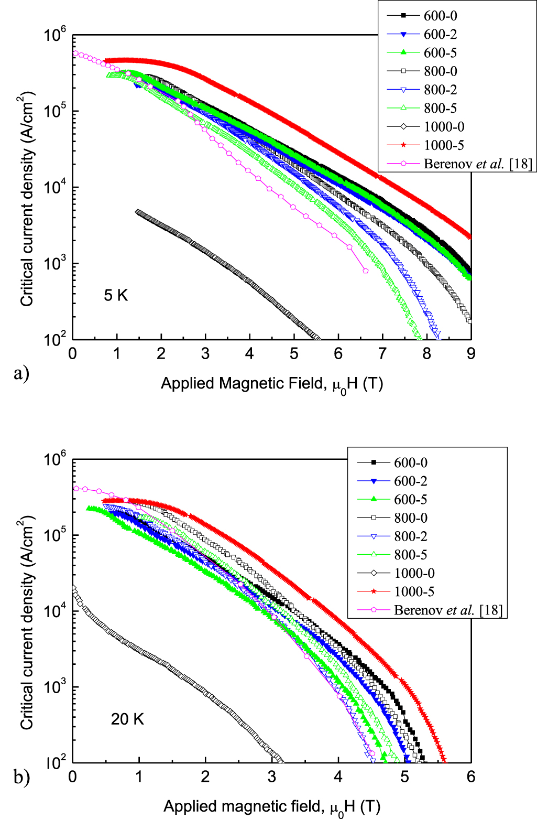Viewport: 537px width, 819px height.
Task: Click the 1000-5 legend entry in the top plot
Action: coord(444,145)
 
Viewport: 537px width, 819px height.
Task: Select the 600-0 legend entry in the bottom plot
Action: coord(410,462)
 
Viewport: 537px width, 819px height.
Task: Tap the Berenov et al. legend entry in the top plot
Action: coord(477,164)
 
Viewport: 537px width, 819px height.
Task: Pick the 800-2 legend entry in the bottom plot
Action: coord(410,536)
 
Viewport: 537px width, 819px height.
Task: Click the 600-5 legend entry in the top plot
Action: coord(440,52)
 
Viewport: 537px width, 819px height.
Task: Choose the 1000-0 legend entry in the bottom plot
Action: coord(414,573)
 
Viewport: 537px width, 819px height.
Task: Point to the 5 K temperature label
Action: coord(116,295)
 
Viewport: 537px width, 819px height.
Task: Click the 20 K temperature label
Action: coord(127,719)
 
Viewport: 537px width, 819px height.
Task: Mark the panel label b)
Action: coord(21,777)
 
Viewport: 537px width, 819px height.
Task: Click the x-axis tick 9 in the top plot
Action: coord(471,354)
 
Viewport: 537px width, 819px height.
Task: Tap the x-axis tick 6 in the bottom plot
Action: coord(471,777)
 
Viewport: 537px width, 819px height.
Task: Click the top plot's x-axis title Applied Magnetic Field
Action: coord(272,384)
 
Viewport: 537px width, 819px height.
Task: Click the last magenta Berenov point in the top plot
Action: coord(365,271)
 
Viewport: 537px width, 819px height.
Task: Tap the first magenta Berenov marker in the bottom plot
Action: coord(76,488)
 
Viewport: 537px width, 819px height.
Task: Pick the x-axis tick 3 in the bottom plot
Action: coord(272,777)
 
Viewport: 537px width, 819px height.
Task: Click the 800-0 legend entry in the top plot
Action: coord(440,71)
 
